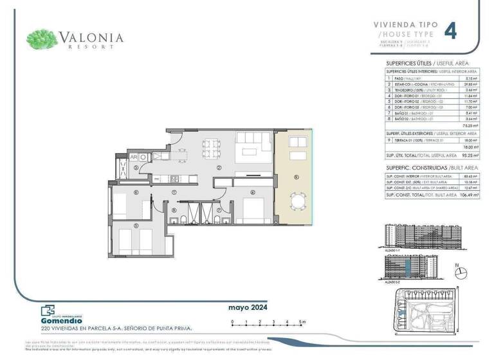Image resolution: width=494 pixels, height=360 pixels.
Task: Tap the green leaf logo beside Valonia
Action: (x=42, y=39)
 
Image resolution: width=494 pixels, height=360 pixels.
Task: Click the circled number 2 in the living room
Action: (x=219, y=168)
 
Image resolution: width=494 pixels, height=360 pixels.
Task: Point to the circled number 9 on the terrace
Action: (x=296, y=177)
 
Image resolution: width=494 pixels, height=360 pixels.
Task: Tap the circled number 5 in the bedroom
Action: (x=136, y=225)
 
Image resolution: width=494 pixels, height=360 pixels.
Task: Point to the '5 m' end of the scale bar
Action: (x=302, y=320)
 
